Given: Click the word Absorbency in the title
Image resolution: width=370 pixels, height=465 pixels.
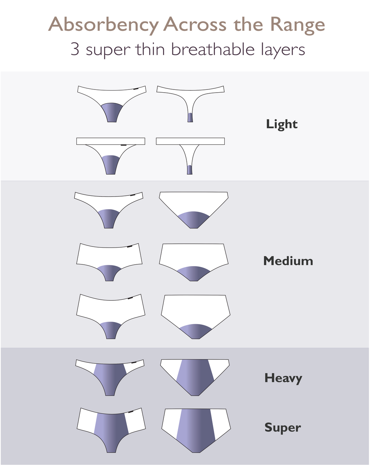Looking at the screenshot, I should point(103,25).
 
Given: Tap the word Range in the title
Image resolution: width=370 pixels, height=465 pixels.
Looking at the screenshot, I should point(297,25).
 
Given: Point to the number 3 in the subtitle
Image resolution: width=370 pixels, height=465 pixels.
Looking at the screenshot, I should point(75,49).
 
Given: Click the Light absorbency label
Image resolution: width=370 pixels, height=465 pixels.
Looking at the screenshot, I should point(282,124).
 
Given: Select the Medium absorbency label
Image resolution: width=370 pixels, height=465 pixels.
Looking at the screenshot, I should point(288,261).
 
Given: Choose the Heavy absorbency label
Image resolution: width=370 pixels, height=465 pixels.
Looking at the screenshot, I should point(283,378).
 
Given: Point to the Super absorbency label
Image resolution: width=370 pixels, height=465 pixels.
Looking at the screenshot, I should point(283,428).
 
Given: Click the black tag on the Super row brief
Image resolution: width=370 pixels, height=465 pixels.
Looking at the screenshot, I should point(130,412).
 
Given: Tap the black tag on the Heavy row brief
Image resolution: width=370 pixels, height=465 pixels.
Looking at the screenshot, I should point(134,362).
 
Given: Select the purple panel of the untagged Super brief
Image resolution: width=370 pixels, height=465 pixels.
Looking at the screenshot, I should point(196,429).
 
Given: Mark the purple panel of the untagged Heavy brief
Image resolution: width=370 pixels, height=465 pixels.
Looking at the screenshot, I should point(195,375).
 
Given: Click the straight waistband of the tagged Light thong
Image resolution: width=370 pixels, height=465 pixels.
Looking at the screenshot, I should point(110,141).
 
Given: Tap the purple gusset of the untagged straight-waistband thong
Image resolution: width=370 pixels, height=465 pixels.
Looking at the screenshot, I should point(189,170).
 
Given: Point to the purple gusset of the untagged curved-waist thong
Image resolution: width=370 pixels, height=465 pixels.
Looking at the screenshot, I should point(190,117).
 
